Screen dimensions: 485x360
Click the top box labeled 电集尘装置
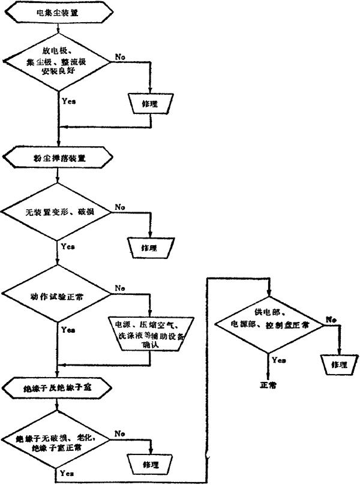pos(57,11)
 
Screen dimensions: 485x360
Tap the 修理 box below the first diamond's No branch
pos(149,104)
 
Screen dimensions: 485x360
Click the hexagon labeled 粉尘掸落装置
pos(57,159)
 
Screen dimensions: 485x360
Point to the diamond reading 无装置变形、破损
pos(58,212)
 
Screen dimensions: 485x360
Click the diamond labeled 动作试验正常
pos(58,295)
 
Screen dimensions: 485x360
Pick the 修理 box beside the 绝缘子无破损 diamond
pos(149,465)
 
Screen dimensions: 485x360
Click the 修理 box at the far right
pos(339,364)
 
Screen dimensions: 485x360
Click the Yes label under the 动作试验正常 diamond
pos(68,330)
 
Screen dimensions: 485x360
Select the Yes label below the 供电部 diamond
pos(278,360)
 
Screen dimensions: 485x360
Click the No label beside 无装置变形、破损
pos(120,207)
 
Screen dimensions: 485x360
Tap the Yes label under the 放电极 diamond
pos(68,100)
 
